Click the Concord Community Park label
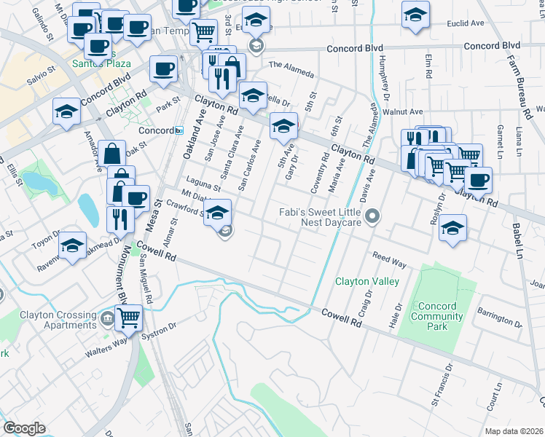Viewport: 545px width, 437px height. click(436, 316)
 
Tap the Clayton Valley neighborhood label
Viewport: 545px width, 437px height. click(366, 281)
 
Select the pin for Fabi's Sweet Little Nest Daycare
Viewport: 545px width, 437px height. click(373, 216)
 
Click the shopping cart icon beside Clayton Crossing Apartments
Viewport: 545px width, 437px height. click(128, 317)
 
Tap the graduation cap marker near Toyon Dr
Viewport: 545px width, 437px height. click(72, 245)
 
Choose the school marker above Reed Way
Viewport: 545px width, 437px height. click(452, 227)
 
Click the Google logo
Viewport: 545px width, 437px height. click(24, 428)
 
